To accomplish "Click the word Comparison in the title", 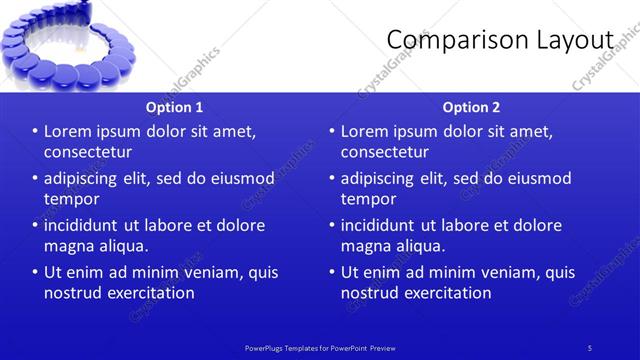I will (x=452, y=39).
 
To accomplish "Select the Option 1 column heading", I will (x=174, y=107).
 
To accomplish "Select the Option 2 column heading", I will (x=471, y=107).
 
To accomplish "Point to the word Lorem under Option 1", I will (x=70, y=132).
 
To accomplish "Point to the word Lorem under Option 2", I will (x=367, y=132).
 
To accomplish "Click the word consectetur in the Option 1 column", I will (x=88, y=152).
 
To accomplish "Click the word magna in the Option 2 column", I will (x=366, y=246).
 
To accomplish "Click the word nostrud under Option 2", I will (x=372, y=293).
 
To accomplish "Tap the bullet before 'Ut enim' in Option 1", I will (x=35, y=273).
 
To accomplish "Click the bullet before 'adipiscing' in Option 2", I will (x=332, y=179).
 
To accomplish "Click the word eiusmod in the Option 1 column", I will (x=239, y=179).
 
